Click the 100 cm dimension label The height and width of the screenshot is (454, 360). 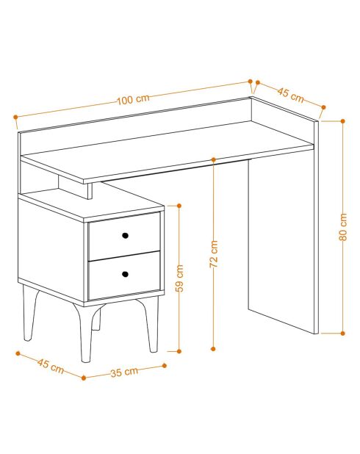tap(133, 99)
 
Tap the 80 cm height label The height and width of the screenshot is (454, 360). tap(343, 227)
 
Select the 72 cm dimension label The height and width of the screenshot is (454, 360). tap(214, 254)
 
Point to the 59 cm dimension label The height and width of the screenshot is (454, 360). tap(179, 278)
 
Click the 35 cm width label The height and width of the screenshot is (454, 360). tap(124, 372)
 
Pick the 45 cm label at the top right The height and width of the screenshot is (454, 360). tap(290, 95)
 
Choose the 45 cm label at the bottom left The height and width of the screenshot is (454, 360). tap(51, 366)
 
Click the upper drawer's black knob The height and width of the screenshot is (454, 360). tap(125, 235)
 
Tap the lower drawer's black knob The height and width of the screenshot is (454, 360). tap(125, 274)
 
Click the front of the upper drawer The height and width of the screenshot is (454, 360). tap(124, 237)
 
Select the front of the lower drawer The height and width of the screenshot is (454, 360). tap(124, 275)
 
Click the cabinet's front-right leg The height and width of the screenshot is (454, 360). tap(151, 324)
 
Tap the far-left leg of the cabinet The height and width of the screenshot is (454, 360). tap(30, 313)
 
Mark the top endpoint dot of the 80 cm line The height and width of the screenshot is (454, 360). tap(343, 121)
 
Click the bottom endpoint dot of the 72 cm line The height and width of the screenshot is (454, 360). tap(214, 349)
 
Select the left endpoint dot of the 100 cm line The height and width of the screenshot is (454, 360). tap(15, 117)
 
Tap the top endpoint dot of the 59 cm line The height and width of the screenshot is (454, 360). tap(179, 206)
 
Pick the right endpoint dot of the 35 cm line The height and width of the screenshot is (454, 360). tap(165, 366)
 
